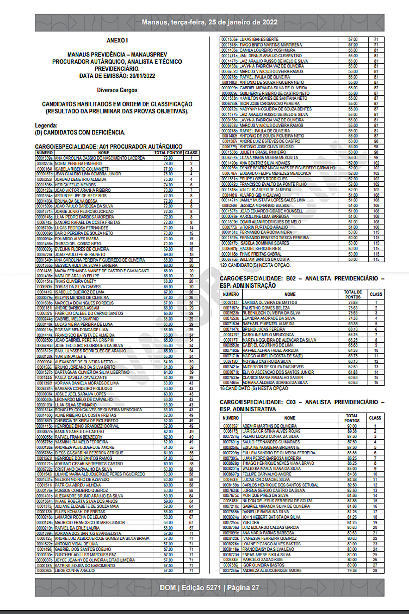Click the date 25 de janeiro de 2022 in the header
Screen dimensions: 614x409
(243, 22)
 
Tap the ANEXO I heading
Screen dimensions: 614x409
(117, 41)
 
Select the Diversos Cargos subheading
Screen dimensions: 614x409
(117, 90)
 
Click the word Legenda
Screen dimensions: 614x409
(46, 126)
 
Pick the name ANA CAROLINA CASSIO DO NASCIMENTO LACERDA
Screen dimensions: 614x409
(100, 158)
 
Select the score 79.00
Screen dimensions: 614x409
(168, 158)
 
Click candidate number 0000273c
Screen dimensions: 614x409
(45, 164)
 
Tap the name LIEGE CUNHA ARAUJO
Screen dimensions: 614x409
(75, 571)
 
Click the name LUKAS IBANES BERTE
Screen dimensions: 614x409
(259, 40)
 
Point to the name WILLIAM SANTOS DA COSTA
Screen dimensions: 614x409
(265, 259)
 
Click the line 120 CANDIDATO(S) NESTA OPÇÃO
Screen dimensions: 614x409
(255, 265)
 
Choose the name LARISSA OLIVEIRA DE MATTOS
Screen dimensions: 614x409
(270, 302)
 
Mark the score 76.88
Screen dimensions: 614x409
(353, 302)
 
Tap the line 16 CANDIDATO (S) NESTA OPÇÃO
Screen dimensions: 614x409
(254, 388)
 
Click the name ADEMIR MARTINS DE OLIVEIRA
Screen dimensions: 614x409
(270, 426)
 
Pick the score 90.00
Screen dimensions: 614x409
(352, 426)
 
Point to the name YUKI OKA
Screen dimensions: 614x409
(251, 522)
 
